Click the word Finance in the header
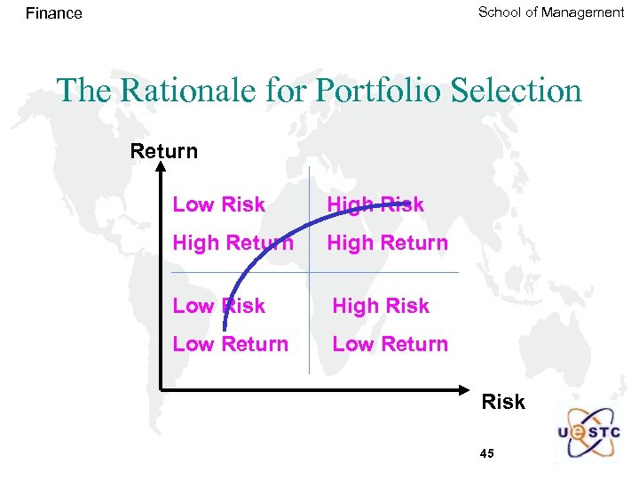(x=53, y=13)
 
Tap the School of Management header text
(x=550, y=12)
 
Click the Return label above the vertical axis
(x=163, y=151)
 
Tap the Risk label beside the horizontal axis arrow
(x=502, y=402)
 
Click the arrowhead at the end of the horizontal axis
(x=469, y=388)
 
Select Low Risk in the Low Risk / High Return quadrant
(x=218, y=204)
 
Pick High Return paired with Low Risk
(x=233, y=243)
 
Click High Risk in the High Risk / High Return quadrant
(x=375, y=204)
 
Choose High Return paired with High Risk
(x=387, y=243)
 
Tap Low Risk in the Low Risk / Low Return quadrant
(x=218, y=306)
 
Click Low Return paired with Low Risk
(x=230, y=344)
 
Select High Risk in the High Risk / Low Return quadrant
(x=380, y=306)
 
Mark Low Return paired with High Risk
(x=390, y=344)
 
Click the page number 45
(x=486, y=453)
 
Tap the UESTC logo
(x=589, y=434)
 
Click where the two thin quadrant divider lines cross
(x=309, y=272)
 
